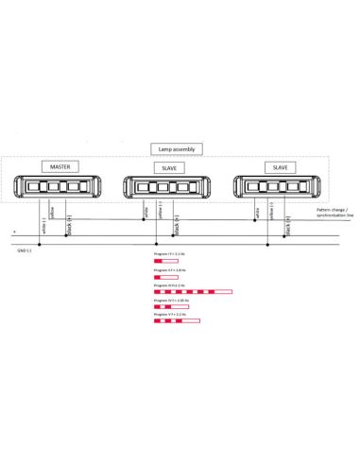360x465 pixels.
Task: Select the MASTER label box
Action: (x=59, y=166)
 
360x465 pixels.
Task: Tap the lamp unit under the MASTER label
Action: (x=59, y=186)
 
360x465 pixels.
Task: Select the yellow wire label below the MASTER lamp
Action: (x=53, y=212)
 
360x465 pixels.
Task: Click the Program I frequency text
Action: (x=171, y=254)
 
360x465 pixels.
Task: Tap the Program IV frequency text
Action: (x=173, y=300)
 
